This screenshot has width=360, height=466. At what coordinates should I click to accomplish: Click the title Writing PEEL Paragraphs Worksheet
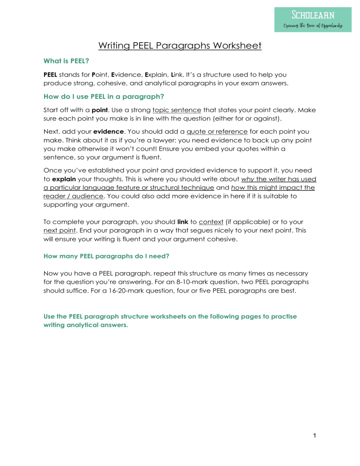point(180,46)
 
